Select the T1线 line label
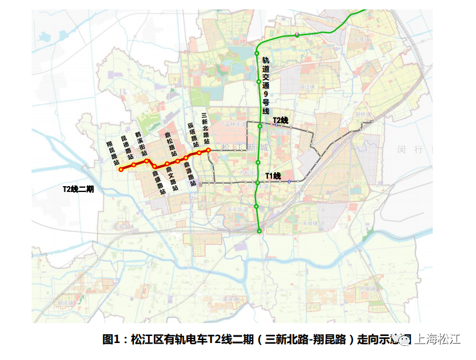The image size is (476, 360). (273, 176)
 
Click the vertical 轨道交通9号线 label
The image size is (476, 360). (265, 85)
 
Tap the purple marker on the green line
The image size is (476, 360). (297, 35)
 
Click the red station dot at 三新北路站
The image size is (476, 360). (208, 150)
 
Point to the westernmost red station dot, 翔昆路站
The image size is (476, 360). (120, 169)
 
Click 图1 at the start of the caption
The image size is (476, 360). (111, 340)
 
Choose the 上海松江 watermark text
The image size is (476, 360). (438, 339)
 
